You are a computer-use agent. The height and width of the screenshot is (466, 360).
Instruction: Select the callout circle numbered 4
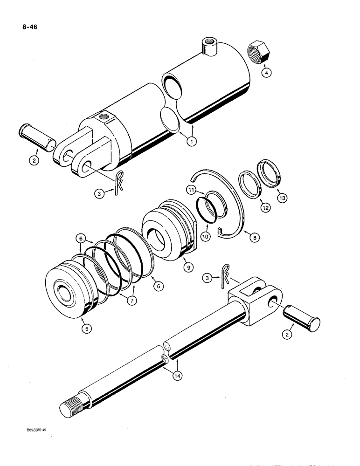pyautogui.click(x=265, y=73)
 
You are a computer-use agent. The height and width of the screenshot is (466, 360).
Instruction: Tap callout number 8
pyautogui.click(x=254, y=237)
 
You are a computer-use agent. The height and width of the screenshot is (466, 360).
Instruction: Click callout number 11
pyautogui.click(x=191, y=190)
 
